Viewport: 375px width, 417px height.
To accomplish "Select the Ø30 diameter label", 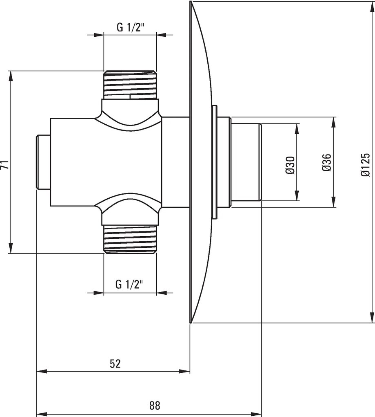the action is pos(291,165).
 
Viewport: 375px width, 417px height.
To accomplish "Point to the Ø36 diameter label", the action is pos(327,162).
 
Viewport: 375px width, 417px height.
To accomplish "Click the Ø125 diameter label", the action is pos(365,164).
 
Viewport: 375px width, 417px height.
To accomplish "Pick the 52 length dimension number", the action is pos(115,363).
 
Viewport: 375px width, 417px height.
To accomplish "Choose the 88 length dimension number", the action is pos(155,406).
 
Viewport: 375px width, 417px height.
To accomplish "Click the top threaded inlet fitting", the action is pos(130,85).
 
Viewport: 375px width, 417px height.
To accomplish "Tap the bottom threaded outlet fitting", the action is pos(130,239).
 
